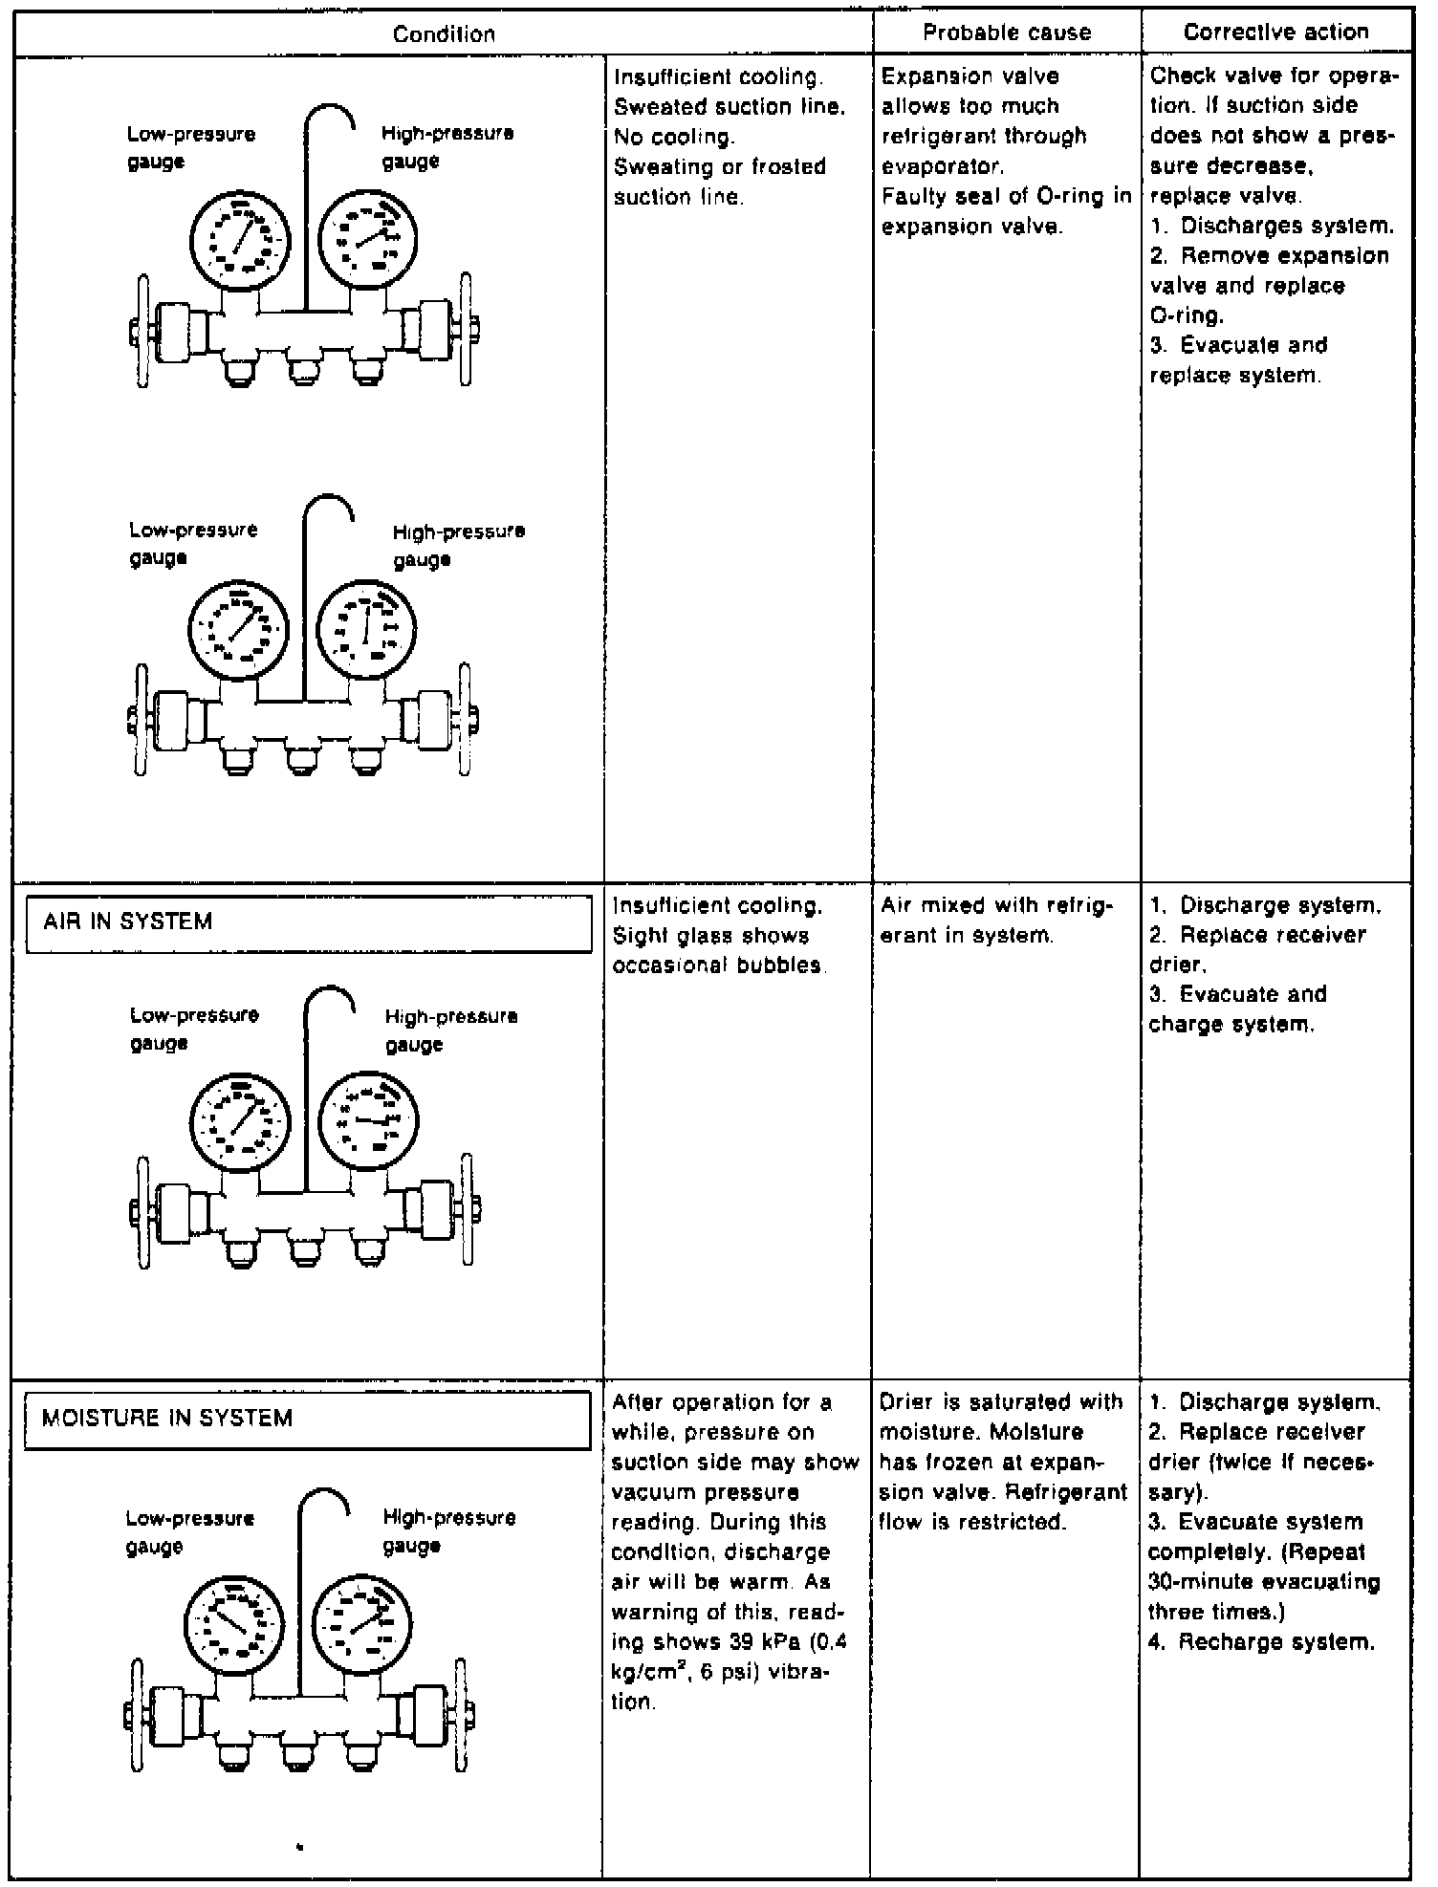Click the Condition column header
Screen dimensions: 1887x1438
pyautogui.click(x=445, y=34)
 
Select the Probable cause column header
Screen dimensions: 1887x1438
pyautogui.click(x=1007, y=33)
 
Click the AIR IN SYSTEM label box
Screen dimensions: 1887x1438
pyautogui.click(x=309, y=922)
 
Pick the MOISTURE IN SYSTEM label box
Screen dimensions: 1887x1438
pyautogui.click(x=307, y=1419)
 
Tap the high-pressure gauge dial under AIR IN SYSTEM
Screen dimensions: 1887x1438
pyautogui.click(x=368, y=1119)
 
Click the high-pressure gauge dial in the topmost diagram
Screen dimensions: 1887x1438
pyautogui.click(x=366, y=238)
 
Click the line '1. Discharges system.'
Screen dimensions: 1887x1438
pyautogui.click(x=1272, y=226)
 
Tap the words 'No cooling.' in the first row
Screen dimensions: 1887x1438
pyautogui.click(x=674, y=137)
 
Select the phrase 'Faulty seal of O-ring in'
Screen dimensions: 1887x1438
pyautogui.click(x=1006, y=197)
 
